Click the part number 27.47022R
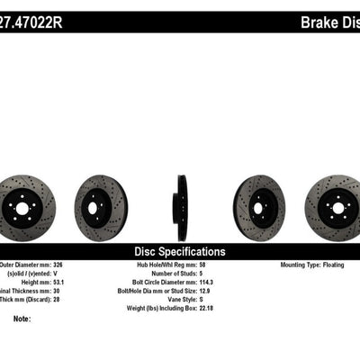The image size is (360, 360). (x=36, y=20)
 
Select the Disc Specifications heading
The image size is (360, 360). (x=180, y=252)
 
